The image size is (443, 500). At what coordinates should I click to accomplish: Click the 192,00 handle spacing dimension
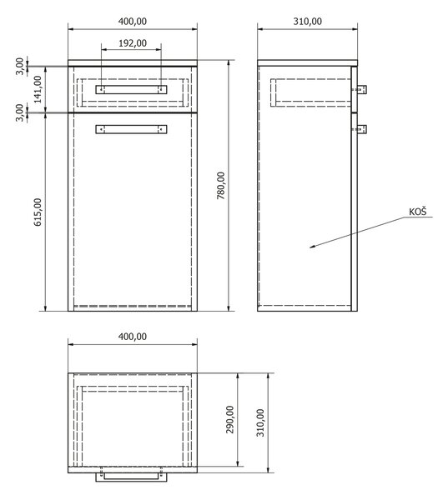point(133,43)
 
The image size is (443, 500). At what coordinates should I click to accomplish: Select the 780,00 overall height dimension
point(221,186)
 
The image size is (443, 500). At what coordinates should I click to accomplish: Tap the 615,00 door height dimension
point(38,212)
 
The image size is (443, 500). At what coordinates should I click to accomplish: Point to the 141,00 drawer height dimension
point(38,89)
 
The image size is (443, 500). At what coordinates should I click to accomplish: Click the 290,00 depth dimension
point(229,419)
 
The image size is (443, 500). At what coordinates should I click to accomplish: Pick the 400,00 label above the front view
point(133,22)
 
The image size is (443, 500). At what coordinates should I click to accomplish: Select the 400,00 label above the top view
point(133,337)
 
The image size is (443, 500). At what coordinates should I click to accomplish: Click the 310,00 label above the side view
point(307,22)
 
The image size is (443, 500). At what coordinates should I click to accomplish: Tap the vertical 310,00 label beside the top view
point(260,422)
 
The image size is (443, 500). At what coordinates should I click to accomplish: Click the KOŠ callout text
point(417,212)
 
